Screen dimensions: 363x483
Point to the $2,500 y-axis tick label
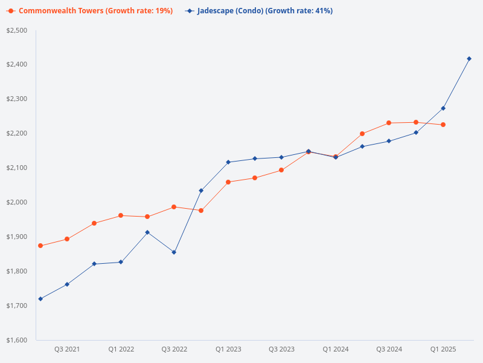pyautogui.click(x=16, y=30)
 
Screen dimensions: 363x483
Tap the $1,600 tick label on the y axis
pyautogui.click(x=16, y=340)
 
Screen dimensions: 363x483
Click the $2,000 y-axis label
pyautogui.click(x=16, y=202)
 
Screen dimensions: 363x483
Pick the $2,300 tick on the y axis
pyautogui.click(x=16, y=99)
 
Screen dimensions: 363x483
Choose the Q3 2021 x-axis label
pyautogui.click(x=67, y=349)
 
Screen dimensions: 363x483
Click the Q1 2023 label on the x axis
pyautogui.click(x=228, y=349)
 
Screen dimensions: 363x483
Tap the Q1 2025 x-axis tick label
pyautogui.click(x=443, y=349)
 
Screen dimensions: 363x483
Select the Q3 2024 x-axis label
pyautogui.click(x=389, y=349)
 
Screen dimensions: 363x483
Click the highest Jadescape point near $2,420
pyautogui.click(x=469, y=59)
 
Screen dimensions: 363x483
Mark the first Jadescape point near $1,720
pyautogui.click(x=40, y=299)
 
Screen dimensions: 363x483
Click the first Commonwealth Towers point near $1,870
pyautogui.click(x=40, y=246)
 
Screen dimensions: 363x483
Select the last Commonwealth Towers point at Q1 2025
pyautogui.click(x=443, y=125)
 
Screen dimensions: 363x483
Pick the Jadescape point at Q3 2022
pyautogui.click(x=174, y=252)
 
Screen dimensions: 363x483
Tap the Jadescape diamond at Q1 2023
pyautogui.click(x=228, y=162)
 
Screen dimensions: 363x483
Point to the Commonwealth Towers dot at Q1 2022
pyautogui.click(x=121, y=215)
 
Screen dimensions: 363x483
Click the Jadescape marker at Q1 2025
pyautogui.click(x=443, y=108)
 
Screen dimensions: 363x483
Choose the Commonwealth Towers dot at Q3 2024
pyautogui.click(x=389, y=123)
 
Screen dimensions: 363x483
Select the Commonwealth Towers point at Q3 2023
pyautogui.click(x=281, y=170)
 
